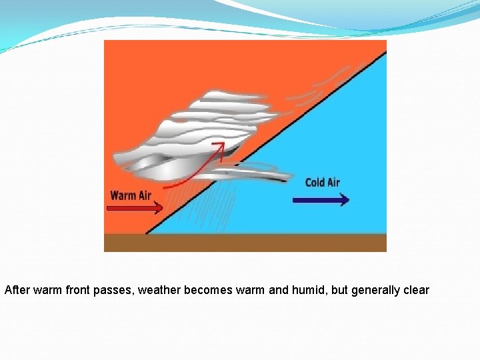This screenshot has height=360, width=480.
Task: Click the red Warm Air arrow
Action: [x=136, y=208]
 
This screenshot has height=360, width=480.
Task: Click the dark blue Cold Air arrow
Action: [x=321, y=199]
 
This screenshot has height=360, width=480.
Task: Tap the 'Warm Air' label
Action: [x=131, y=195]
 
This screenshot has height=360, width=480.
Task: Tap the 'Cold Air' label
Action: [x=323, y=182]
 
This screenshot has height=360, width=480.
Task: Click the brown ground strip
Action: [x=245, y=243]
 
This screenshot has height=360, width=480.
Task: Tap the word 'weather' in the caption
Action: [x=159, y=290]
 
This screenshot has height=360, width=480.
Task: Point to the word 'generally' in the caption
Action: [x=375, y=290]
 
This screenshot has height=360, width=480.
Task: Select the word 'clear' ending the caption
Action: [x=416, y=290]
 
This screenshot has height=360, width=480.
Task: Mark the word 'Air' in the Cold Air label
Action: [x=332, y=182]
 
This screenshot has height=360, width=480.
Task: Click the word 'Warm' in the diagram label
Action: [x=123, y=195]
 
